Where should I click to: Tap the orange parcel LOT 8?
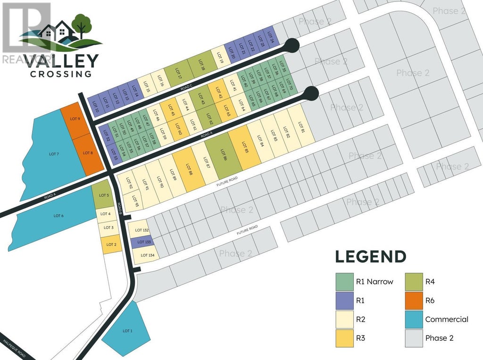tap(88, 152)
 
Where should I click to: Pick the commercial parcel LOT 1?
tap(126, 330)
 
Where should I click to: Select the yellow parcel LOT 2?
tap(111, 244)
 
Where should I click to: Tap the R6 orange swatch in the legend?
tap(414, 300)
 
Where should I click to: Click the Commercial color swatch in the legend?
tap(414, 319)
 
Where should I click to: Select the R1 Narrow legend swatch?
tap(344, 282)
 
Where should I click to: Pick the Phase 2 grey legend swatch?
tap(414, 338)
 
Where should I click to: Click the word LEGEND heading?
tap(370, 257)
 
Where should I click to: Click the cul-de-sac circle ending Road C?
tap(292, 45)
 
